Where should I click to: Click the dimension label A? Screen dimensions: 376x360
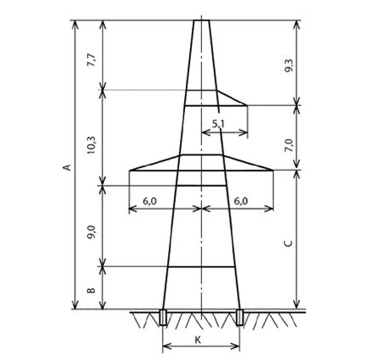[x=67, y=167]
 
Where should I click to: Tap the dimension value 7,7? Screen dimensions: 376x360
[x=92, y=60]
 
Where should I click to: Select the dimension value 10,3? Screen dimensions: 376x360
[x=92, y=145]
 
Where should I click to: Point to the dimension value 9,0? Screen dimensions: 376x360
[x=92, y=232]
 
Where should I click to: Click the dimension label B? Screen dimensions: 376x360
[x=91, y=290]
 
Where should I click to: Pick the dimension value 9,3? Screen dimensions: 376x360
[x=289, y=67]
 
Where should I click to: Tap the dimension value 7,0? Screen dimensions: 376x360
[x=289, y=145]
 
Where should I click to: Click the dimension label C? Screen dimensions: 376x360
[x=289, y=243]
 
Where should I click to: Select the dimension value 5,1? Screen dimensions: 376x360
[x=218, y=124]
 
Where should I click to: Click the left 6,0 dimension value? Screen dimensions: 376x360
[x=149, y=201]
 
